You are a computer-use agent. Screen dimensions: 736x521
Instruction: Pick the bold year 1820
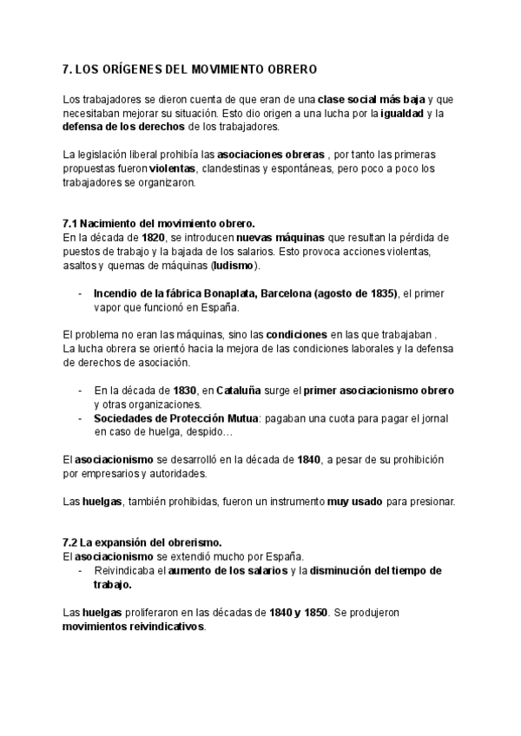pyautogui.click(x=153, y=237)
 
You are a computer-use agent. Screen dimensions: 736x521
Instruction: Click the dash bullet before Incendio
pyautogui.click(x=80, y=293)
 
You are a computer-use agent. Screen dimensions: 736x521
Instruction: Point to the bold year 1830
pyautogui.click(x=183, y=391)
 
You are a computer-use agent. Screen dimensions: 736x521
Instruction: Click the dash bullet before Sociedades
pyautogui.click(x=80, y=418)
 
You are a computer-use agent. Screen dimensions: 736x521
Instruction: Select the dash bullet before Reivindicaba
pyautogui.click(x=80, y=570)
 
